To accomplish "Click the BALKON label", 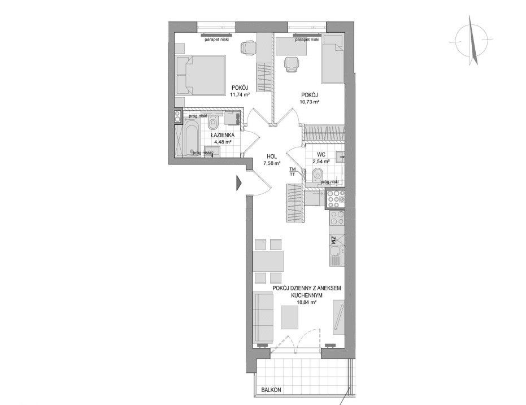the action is pyautogui.click(x=271, y=390).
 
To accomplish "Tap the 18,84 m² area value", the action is pyautogui.click(x=307, y=302).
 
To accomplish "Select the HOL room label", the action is pyautogui.click(x=272, y=156).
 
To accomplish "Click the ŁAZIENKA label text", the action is pyautogui.click(x=223, y=135).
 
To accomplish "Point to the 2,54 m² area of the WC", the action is pyautogui.click(x=321, y=161).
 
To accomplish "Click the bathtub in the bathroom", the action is pyautogui.click(x=191, y=140).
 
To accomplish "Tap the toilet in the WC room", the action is pyautogui.click(x=316, y=175).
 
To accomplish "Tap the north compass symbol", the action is pyautogui.click(x=471, y=41).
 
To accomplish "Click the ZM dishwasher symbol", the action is pyautogui.click(x=337, y=239).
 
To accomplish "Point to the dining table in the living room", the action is pyautogui.click(x=268, y=261).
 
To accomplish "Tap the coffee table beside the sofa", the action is pyautogui.click(x=289, y=317).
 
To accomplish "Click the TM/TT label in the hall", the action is pyautogui.click(x=293, y=172).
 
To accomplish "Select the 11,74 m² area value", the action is pyautogui.click(x=240, y=94).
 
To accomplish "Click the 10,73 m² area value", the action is pyautogui.click(x=310, y=101).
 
